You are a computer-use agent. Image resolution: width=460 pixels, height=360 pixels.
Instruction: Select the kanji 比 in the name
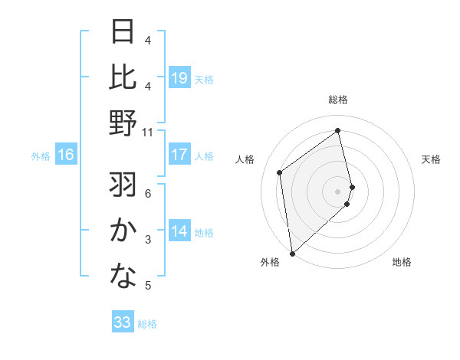pyautogui.click(x=123, y=77)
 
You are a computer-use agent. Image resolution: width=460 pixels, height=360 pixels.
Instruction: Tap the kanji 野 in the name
pyautogui.click(x=123, y=123)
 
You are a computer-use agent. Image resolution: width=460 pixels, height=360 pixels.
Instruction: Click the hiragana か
pyautogui.click(x=123, y=231)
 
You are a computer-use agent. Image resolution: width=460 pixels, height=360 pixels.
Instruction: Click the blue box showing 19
pyautogui.click(x=179, y=77)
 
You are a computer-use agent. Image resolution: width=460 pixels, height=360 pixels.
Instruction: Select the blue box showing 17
pyautogui.click(x=179, y=155)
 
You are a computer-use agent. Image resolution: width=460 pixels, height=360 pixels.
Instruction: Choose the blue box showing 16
pyautogui.click(x=66, y=155)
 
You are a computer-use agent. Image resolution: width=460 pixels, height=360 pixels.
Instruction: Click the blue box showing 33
pyautogui.click(x=123, y=322)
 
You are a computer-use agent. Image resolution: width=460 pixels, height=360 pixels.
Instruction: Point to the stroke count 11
pyautogui.click(x=149, y=133)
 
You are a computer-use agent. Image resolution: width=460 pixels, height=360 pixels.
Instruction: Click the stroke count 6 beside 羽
pyautogui.click(x=149, y=193)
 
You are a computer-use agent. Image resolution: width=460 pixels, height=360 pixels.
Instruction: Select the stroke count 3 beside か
pyautogui.click(x=149, y=240)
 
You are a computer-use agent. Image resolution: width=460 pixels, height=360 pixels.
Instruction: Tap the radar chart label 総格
pyautogui.click(x=338, y=100)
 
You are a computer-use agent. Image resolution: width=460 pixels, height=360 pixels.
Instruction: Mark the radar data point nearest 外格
pyautogui.click(x=291, y=253)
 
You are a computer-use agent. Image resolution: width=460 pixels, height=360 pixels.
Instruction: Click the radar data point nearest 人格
pyautogui.click(x=280, y=172)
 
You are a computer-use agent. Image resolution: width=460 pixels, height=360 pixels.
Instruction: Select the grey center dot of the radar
pyautogui.click(x=338, y=191)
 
